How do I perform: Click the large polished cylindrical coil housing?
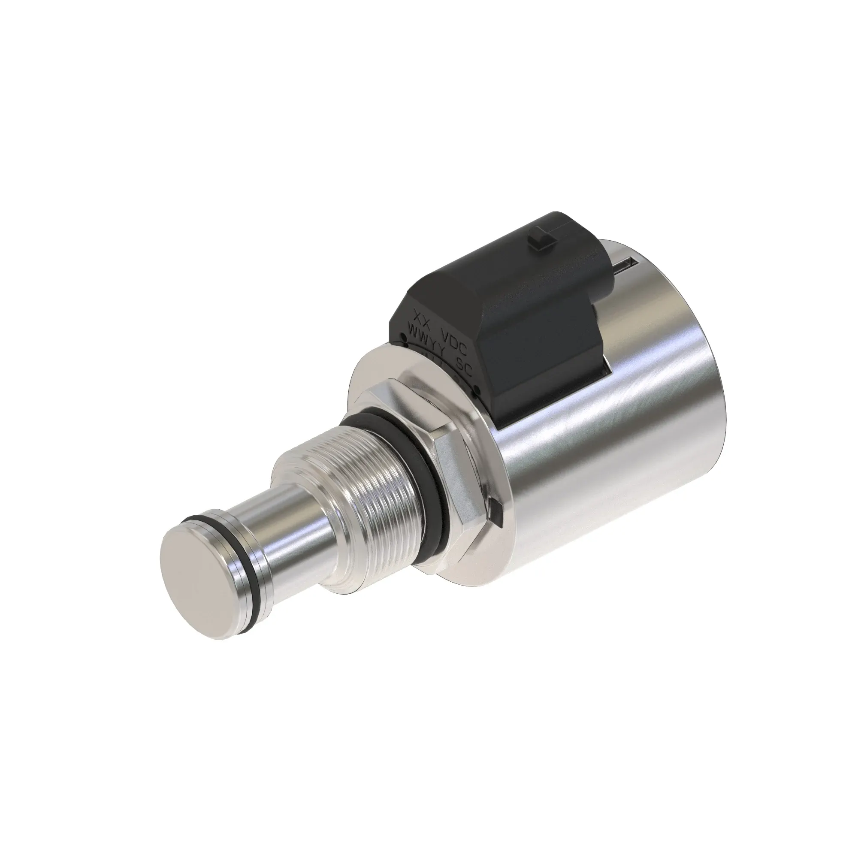[x=622, y=400]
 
